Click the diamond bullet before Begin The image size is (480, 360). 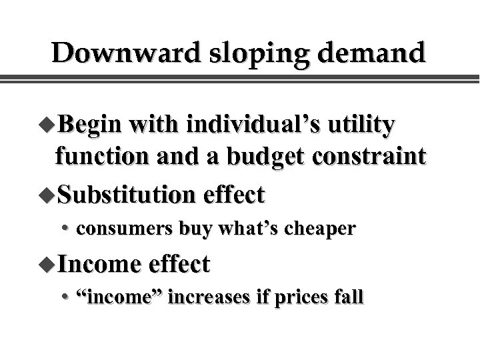coord(48,125)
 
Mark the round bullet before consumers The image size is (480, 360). coord(68,230)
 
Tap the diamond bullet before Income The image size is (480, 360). coord(48,264)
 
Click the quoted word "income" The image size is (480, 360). coord(120,297)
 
